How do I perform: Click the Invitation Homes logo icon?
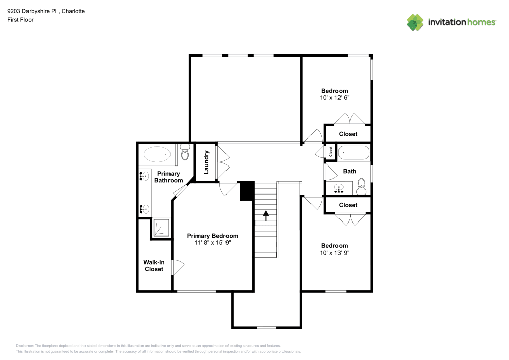tap(415, 22)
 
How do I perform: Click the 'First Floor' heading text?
tap(20, 20)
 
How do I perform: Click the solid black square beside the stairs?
tap(246, 191)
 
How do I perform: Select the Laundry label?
tap(207, 161)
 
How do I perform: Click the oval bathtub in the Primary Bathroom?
tap(157, 154)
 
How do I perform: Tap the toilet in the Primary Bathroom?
tap(184, 152)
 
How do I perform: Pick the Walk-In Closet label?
tap(154, 266)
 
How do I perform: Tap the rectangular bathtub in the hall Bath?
tap(354, 152)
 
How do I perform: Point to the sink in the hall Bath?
tap(339, 189)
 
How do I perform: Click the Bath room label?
tap(350, 171)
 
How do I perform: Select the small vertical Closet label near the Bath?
tap(330, 152)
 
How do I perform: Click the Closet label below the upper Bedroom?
tap(348, 134)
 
